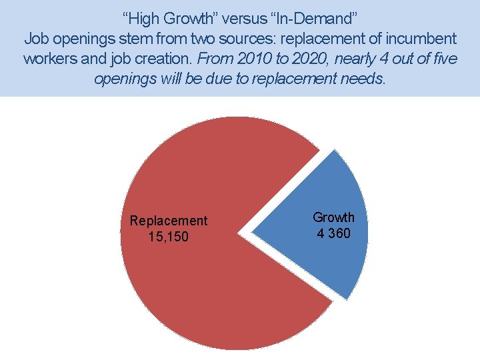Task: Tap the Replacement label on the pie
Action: (x=169, y=221)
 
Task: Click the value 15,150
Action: (x=169, y=237)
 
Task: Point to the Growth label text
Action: (x=334, y=217)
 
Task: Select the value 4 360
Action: (x=334, y=233)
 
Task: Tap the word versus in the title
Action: (x=245, y=19)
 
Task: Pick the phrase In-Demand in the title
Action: (x=314, y=19)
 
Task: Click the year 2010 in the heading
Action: (x=255, y=59)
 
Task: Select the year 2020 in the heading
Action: (x=311, y=59)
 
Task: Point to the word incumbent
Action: (x=421, y=39)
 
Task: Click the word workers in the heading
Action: (x=51, y=59)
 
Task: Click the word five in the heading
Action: (x=445, y=59)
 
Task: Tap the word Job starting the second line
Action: (x=36, y=39)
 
